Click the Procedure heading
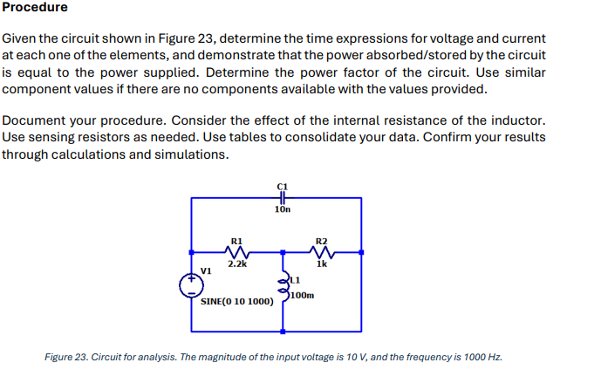[35, 8]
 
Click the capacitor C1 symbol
[281, 198]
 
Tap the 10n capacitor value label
[281, 210]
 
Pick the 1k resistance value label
[322, 263]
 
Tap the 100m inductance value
[303, 296]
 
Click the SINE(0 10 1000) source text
[236, 302]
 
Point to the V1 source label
[207, 270]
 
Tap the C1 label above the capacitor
[281, 186]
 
